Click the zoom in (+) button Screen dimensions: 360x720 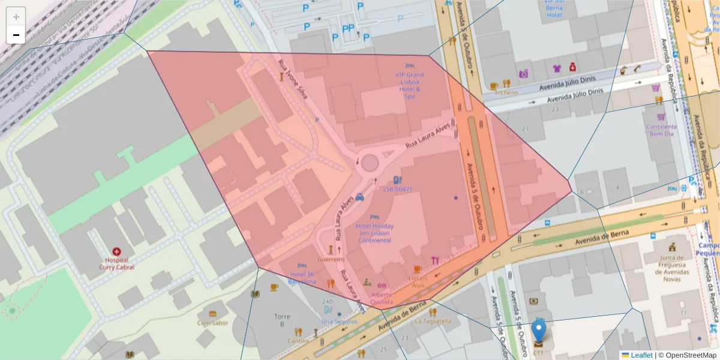[16, 17]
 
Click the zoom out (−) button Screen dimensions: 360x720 [16, 35]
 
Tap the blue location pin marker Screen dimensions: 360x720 [539, 332]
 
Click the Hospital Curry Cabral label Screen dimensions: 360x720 [116, 263]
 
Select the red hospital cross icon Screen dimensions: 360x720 [116, 252]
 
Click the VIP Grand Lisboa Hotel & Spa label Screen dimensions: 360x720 [409, 85]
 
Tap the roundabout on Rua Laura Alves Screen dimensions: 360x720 [369, 163]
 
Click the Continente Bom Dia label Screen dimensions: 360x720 [661, 130]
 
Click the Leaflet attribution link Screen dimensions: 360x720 [641, 355]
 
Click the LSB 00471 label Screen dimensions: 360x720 [397, 189]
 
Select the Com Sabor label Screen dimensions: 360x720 [212, 322]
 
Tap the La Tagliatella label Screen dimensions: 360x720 [433, 321]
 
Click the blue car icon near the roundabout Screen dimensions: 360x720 [359, 196]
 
